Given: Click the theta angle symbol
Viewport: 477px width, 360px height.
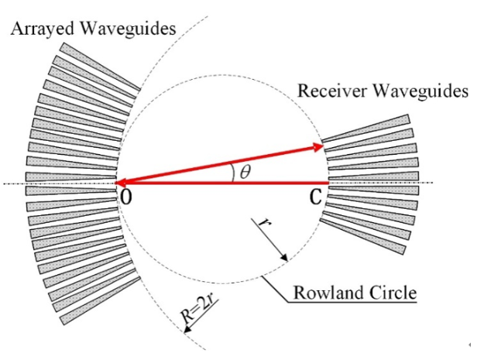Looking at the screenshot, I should [245, 172].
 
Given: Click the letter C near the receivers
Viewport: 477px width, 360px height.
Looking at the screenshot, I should [314, 198].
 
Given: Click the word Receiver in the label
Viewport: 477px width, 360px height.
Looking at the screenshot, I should [326, 91].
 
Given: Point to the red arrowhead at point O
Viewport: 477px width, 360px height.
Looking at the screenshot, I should [121, 183].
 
